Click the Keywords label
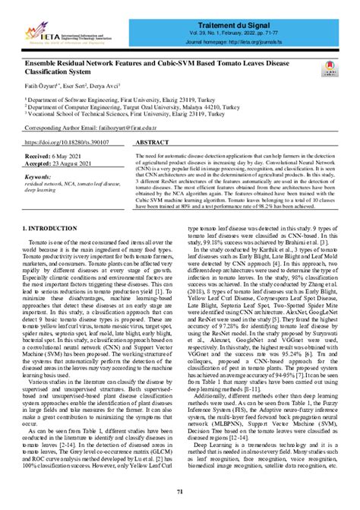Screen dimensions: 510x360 (x=43, y=176)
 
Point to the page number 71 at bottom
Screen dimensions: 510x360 (x=180, y=493)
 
